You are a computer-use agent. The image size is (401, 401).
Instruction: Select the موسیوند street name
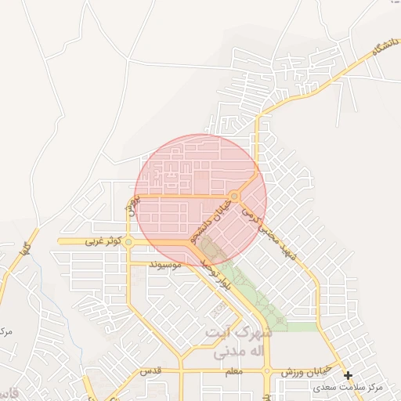click(x=165, y=265)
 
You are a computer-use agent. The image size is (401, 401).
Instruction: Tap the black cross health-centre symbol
click(x=348, y=376)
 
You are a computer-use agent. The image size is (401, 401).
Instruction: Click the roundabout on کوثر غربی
click(x=128, y=243)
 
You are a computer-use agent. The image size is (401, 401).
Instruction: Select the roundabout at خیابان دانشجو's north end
click(x=234, y=196)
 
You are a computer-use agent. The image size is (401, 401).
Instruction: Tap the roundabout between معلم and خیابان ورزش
click(x=267, y=370)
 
